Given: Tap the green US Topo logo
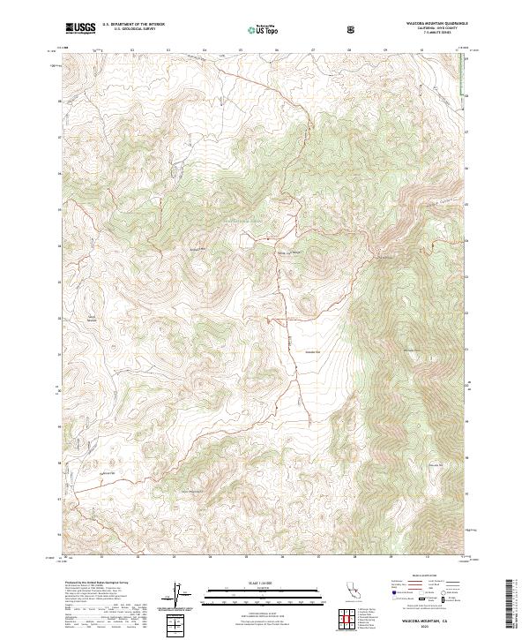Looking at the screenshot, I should point(261,29).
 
